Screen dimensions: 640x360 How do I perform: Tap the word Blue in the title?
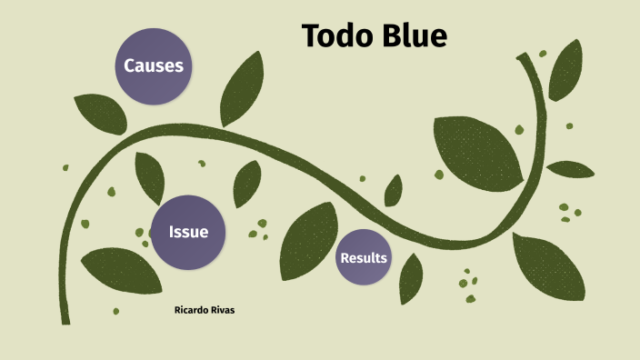(x=411, y=35)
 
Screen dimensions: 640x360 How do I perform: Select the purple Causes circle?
(x=154, y=65)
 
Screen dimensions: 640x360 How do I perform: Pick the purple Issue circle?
(x=188, y=232)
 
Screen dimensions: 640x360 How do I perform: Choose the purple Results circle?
(x=364, y=258)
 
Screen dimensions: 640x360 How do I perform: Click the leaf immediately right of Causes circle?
(x=242, y=89)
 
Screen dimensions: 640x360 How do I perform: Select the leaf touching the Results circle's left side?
(x=308, y=240)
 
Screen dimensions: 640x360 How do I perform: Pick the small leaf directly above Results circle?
(x=394, y=191)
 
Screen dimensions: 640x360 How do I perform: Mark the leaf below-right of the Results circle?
(x=411, y=277)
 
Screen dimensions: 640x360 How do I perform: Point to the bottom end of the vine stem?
(x=65, y=317)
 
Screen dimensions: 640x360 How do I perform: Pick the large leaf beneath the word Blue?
(x=476, y=151)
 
